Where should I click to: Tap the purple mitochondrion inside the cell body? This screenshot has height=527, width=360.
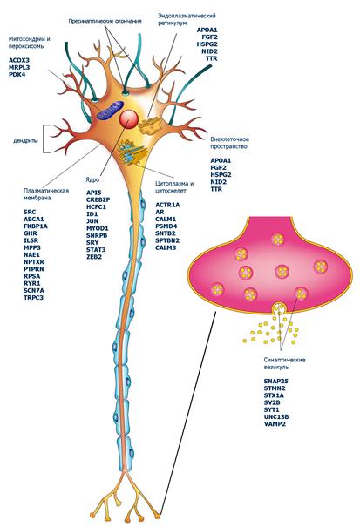pyautogui.click(x=109, y=111)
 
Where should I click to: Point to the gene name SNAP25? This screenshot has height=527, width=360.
pyautogui.click(x=276, y=382)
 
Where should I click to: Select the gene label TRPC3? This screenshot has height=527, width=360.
pyautogui.click(x=33, y=297)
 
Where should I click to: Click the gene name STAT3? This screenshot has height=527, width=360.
pyautogui.click(x=96, y=250)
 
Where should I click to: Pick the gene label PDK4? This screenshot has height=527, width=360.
pyautogui.click(x=17, y=74)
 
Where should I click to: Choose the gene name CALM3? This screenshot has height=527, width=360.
pyautogui.click(x=166, y=247)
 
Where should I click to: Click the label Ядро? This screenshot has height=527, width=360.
pyautogui.click(x=93, y=179)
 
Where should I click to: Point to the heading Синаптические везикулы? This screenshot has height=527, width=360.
pyautogui.click(x=284, y=363)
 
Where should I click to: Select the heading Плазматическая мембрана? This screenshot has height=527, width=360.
pyautogui.click(x=46, y=194)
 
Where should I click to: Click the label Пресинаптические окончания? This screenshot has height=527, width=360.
pyautogui.click(x=105, y=21)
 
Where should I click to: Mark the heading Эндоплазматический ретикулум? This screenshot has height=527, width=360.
pyautogui.click(x=187, y=19)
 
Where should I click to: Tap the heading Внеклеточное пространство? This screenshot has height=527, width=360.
pyautogui.click(x=230, y=143)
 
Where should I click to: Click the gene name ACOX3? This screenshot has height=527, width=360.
pyautogui.click(x=19, y=60)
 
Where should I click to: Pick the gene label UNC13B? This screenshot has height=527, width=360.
pyautogui.click(x=276, y=416)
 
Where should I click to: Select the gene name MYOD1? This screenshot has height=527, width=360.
pyautogui.click(x=98, y=228)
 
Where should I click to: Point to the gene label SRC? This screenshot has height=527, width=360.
pyautogui.click(x=30, y=212)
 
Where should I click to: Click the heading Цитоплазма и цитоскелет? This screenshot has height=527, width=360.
pyautogui.click(x=174, y=187)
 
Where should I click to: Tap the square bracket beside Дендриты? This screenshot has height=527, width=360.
pyautogui.click(x=44, y=139)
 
